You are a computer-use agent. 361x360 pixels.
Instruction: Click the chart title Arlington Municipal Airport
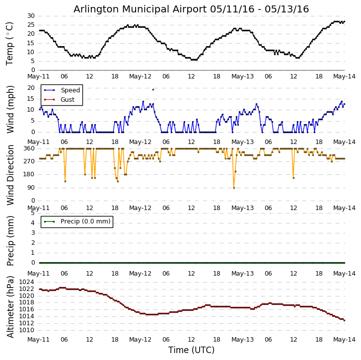[x=191, y=9]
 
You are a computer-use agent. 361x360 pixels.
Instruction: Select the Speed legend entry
[x=70, y=90]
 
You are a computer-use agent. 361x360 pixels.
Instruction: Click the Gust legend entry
[x=68, y=100]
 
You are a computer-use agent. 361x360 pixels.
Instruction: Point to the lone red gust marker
[x=153, y=89]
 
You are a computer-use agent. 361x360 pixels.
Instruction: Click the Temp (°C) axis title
[x=10, y=43]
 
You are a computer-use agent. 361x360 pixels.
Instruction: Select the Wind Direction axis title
[x=10, y=175]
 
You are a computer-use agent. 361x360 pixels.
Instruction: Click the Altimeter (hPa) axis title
[x=10, y=306]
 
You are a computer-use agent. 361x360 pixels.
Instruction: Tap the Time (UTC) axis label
[x=191, y=350]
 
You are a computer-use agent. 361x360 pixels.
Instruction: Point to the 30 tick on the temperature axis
[x=31, y=16]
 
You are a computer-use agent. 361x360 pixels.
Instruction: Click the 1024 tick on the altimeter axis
[x=27, y=282]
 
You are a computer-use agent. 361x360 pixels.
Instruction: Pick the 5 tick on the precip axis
[x=32, y=213]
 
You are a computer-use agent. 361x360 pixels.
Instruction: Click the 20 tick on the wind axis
[x=31, y=88]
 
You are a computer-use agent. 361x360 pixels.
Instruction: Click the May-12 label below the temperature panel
[x=140, y=77]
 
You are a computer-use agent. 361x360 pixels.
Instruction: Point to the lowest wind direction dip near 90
[x=234, y=188]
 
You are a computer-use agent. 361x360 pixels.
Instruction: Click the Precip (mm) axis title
[x=10, y=240]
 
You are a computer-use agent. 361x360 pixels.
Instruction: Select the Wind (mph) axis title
[x=10, y=109]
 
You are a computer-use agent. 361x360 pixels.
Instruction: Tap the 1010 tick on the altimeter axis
[x=27, y=330]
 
